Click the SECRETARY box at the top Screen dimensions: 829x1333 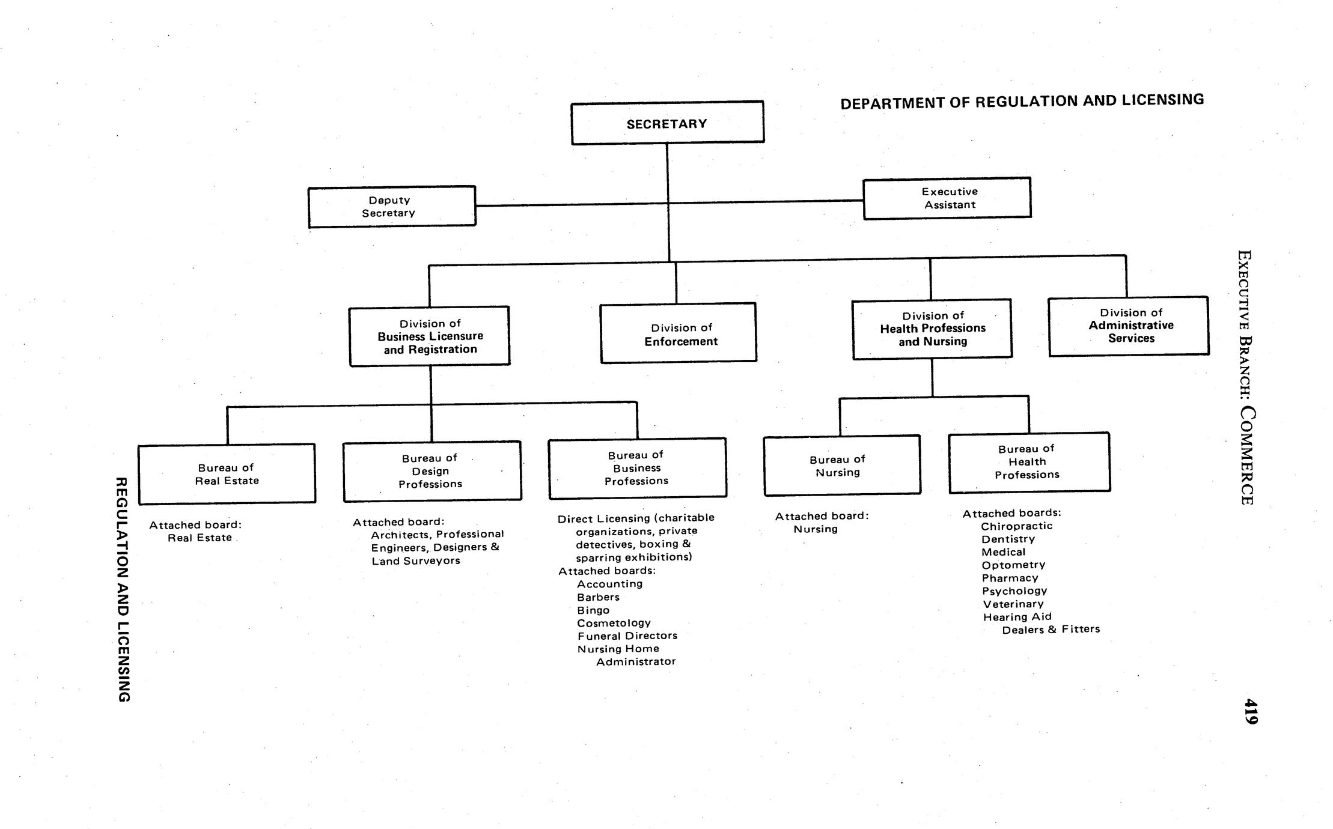click(x=667, y=123)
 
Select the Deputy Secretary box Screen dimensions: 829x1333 click(x=391, y=207)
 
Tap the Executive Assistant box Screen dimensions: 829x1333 click(x=947, y=198)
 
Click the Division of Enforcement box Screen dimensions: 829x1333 click(x=678, y=333)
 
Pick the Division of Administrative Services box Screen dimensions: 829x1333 click(x=1129, y=326)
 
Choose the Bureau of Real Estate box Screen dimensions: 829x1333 click(x=227, y=474)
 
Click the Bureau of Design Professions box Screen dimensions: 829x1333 click(x=432, y=471)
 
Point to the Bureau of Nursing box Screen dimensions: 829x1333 click(x=841, y=466)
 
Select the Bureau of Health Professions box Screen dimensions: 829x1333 click(x=1029, y=462)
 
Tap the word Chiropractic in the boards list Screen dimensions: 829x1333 click(x=1016, y=526)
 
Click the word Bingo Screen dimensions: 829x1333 click(x=593, y=610)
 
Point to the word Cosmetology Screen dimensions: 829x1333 click(x=614, y=623)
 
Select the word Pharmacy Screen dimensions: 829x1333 click(x=1010, y=578)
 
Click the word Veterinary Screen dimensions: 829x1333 click(x=1013, y=604)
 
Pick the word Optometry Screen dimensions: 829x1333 click(x=1013, y=565)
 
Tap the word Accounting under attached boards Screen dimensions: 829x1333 click(x=609, y=584)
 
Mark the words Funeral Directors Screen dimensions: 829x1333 click(x=627, y=636)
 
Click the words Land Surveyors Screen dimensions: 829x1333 click(x=415, y=561)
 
